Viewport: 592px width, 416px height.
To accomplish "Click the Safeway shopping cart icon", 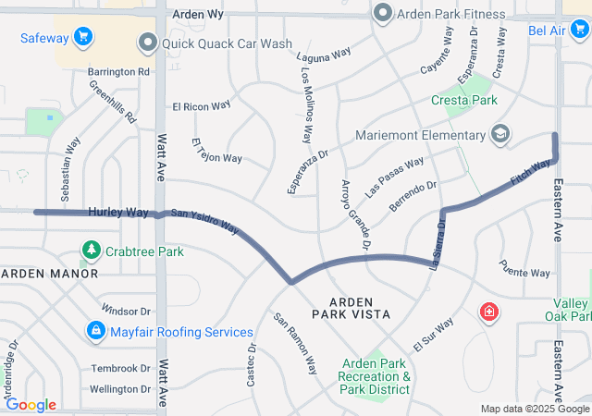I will (x=84, y=37).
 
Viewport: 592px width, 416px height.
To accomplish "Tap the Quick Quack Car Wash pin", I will (x=147, y=43).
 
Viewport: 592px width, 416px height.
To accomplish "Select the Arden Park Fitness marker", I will (x=382, y=13).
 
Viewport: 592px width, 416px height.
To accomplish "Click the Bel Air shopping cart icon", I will (x=578, y=31).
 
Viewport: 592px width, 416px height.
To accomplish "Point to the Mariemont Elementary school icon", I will (x=499, y=135).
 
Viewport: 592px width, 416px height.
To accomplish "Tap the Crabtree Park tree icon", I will (x=92, y=250).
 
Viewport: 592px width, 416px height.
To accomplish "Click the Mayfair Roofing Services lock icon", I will (x=95, y=330).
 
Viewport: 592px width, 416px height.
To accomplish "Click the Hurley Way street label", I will (x=117, y=212).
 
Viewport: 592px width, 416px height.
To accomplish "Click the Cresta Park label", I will (x=464, y=99).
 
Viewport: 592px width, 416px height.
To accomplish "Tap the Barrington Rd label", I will (x=118, y=71).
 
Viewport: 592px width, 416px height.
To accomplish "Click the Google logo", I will (x=31, y=405).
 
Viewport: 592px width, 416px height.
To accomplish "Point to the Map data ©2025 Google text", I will (x=534, y=409).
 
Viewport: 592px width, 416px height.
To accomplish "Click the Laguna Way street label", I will (x=323, y=55).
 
